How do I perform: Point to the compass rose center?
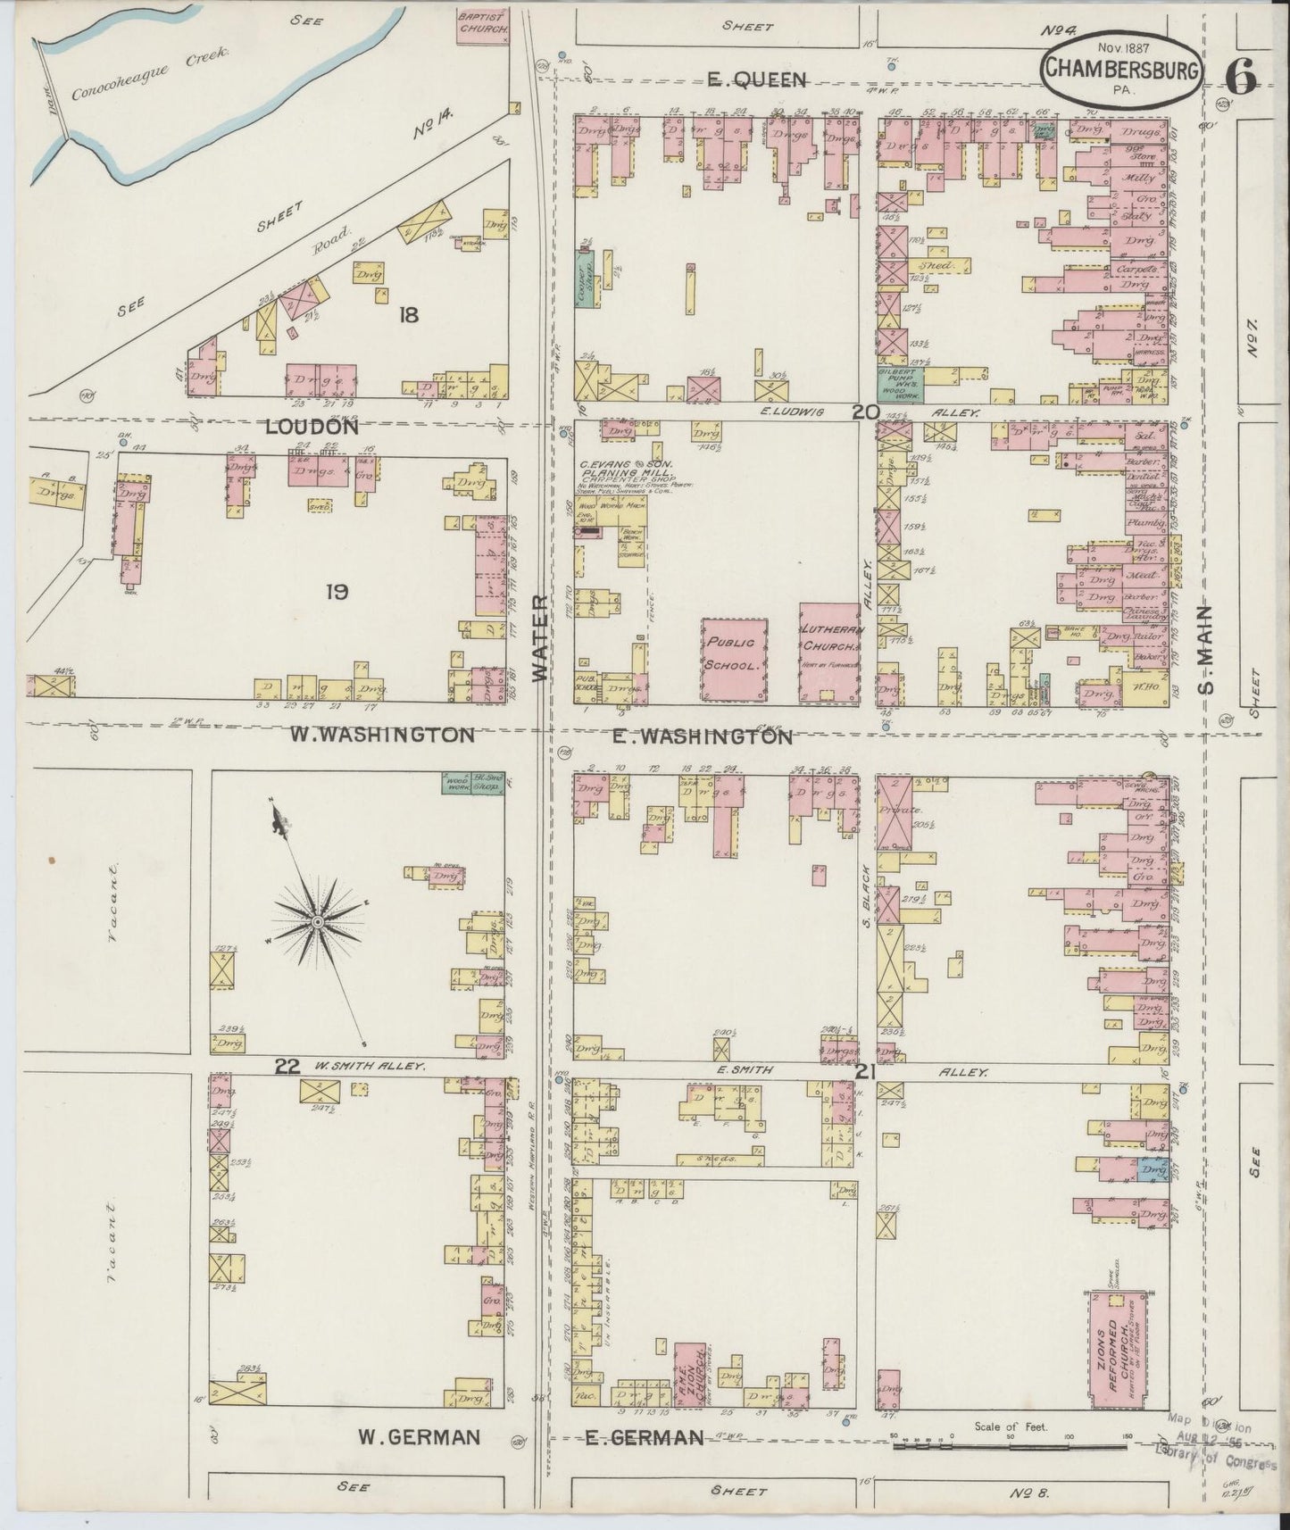tap(316, 920)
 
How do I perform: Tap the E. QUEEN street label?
tap(756, 80)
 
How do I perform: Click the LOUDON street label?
tap(312, 427)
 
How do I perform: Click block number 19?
tap(336, 591)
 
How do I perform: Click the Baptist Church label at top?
tap(483, 21)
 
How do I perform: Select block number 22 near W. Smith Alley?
tap(287, 1064)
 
